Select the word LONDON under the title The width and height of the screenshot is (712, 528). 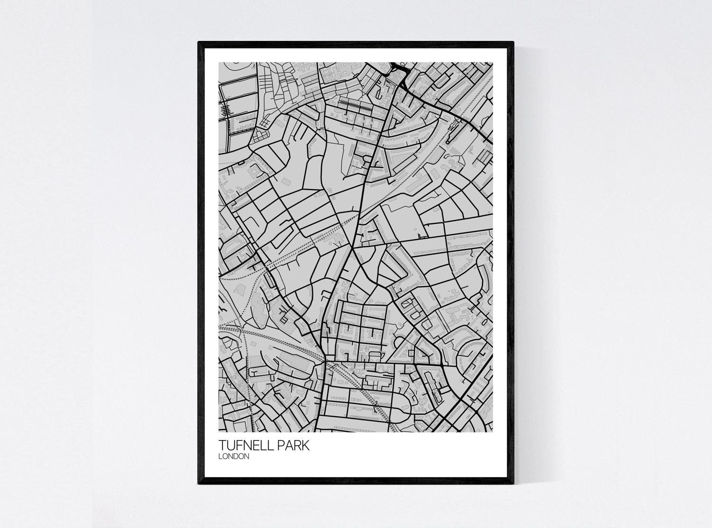click(234, 456)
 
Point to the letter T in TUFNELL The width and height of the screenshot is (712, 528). click(222, 445)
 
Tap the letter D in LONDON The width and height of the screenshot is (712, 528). click(239, 456)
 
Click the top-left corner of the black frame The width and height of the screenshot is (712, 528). click(198, 42)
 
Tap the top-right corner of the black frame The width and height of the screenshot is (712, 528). click(514, 42)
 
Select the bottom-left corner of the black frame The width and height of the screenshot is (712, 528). click(198, 484)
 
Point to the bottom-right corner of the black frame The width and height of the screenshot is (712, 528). click(514, 484)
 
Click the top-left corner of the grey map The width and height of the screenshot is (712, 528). click(218, 62)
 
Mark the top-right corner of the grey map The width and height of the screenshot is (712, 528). click(493, 62)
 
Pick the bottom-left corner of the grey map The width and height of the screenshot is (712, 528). click(218, 432)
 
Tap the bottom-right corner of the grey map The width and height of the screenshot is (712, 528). click(493, 432)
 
